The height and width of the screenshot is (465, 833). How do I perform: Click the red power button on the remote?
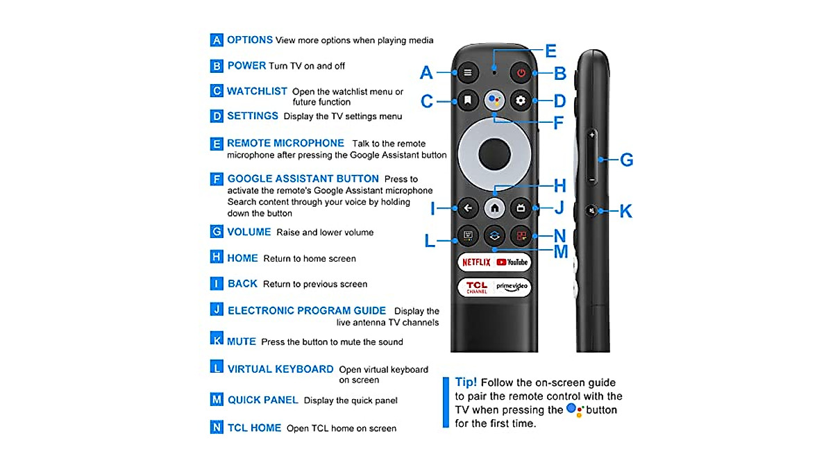click(x=521, y=72)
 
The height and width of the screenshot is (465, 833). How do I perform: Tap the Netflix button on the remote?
click(x=476, y=262)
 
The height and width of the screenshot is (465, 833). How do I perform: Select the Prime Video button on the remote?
click(x=512, y=287)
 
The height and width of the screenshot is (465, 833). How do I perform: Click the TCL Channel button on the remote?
click(x=476, y=287)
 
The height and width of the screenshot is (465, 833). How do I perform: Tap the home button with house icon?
click(x=494, y=207)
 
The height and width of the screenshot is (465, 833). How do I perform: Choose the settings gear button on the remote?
click(x=521, y=101)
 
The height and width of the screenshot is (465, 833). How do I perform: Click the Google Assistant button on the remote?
click(x=494, y=101)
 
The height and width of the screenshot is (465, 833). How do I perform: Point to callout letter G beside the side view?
click(x=626, y=160)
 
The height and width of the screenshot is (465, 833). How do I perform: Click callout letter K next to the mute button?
click(x=625, y=211)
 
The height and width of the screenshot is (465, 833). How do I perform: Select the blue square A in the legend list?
click(x=217, y=40)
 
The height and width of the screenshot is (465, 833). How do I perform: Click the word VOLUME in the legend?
click(x=249, y=232)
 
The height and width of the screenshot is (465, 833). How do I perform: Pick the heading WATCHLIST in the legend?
click(x=257, y=91)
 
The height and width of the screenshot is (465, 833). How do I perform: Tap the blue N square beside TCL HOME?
click(x=217, y=428)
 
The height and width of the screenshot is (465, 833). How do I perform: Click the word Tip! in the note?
click(x=465, y=382)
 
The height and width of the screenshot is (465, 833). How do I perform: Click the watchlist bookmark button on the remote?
click(x=468, y=101)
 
